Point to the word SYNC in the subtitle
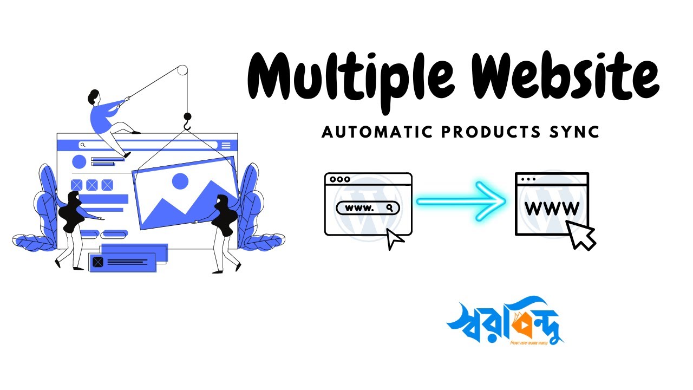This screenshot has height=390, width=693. [578, 132]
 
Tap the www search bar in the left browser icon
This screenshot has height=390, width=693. [368, 208]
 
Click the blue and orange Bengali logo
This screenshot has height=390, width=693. [504, 322]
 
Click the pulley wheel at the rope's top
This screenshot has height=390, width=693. [182, 70]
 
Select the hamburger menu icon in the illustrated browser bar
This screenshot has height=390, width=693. [226, 145]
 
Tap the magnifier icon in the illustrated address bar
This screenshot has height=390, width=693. [82, 145]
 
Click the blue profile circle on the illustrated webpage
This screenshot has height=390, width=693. [79, 162]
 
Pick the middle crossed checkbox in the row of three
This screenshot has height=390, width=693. [92, 185]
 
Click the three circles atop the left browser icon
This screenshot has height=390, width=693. [340, 179]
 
